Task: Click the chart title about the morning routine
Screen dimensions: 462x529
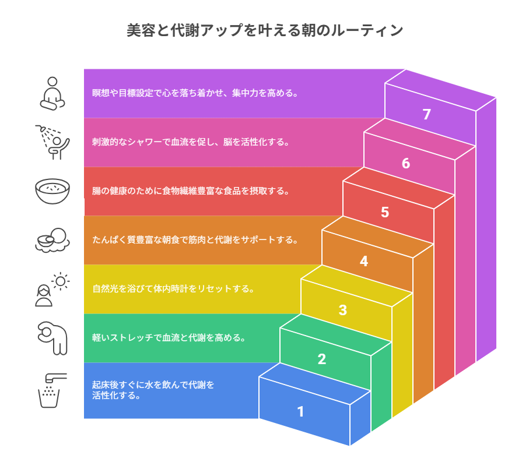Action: pyautogui.click(x=264, y=31)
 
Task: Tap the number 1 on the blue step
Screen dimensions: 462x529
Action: pyautogui.click(x=300, y=412)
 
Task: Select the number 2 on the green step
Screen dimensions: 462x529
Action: pyautogui.click(x=321, y=359)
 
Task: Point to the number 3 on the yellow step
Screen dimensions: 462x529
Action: pyautogui.click(x=343, y=311)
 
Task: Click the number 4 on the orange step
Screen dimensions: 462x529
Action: pyautogui.click(x=364, y=262)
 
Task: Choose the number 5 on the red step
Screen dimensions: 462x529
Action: pyautogui.click(x=385, y=213)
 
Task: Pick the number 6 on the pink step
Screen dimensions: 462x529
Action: pyautogui.click(x=406, y=164)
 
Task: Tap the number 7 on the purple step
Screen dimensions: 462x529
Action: pyautogui.click(x=427, y=115)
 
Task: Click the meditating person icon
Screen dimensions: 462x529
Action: pyautogui.click(x=53, y=93)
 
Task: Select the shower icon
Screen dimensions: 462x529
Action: pyautogui.click(x=53, y=142)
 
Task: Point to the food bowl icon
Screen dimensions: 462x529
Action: pyautogui.click(x=53, y=191)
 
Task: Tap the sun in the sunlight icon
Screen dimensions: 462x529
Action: pyautogui.click(x=60, y=281)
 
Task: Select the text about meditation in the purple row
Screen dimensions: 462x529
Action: pyautogui.click(x=195, y=93)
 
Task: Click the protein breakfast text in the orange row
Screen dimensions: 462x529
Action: pyautogui.click(x=195, y=239)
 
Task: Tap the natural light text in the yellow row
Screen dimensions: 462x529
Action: pyautogui.click(x=173, y=288)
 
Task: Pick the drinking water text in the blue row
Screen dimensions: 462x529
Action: pyautogui.click(x=153, y=390)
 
